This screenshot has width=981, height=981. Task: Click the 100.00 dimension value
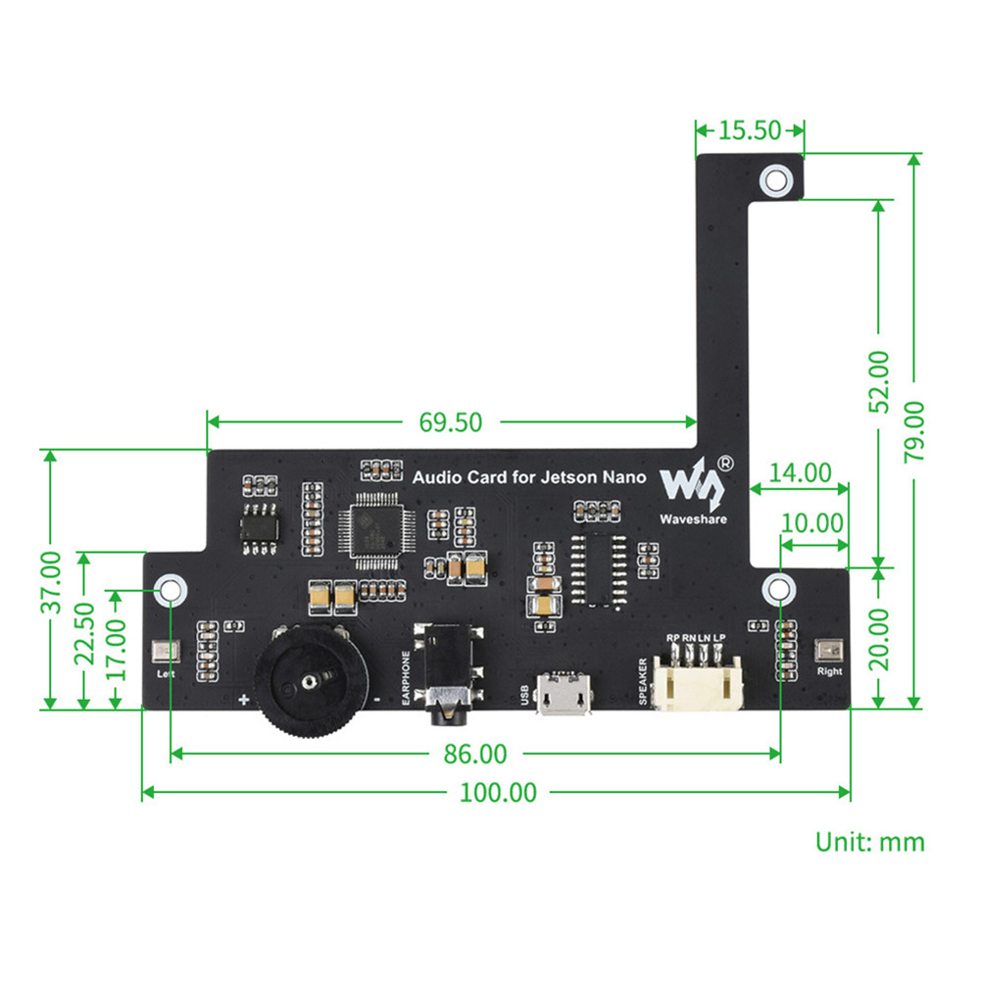tap(499, 792)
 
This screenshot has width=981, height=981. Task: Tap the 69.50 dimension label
tap(451, 422)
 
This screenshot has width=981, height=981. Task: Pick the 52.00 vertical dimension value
tap(880, 381)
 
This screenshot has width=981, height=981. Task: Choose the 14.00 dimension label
tap(800, 473)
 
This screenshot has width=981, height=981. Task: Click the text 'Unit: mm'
tap(869, 842)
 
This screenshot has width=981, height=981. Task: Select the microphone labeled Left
tap(164, 653)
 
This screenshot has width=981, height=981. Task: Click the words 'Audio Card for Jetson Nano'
tap(529, 477)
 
